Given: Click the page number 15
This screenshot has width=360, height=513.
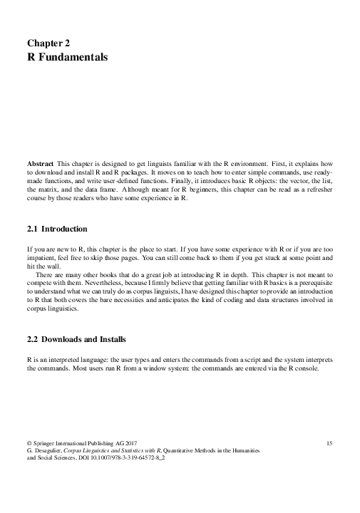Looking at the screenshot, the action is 329,444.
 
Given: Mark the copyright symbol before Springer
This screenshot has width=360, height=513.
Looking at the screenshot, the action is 29,444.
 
